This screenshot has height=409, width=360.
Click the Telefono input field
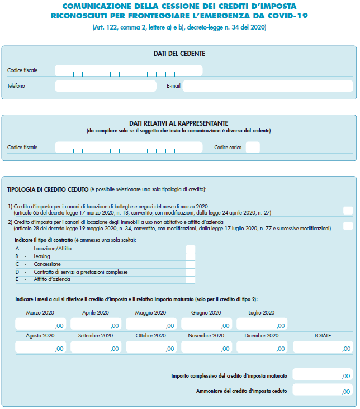coord(106,86)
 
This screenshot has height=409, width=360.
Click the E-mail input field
coord(268,86)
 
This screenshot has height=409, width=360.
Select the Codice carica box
coord(253,148)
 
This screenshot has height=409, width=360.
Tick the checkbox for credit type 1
coord(348,211)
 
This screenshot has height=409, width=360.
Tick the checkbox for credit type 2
coord(348,226)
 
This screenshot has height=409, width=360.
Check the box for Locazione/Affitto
coord(191,249)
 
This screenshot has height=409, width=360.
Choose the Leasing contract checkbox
coord(191,256)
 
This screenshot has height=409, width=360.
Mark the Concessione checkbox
coord(191,264)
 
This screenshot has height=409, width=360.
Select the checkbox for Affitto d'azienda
coord(191,280)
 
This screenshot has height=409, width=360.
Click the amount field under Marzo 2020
coord(40,324)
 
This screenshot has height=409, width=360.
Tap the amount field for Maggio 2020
coord(151,324)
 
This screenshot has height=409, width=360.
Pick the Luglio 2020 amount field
coord(262,324)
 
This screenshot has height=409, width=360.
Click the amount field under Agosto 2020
coord(40,347)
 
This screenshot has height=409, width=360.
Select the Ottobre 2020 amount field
coord(151,347)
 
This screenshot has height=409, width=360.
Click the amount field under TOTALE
coord(323,347)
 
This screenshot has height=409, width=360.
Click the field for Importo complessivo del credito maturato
coord(323,375)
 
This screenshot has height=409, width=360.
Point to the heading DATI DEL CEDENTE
coord(179,54)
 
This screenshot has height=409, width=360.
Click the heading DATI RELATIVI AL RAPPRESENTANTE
coord(179,123)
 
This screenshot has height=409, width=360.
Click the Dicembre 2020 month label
coord(262,336)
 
